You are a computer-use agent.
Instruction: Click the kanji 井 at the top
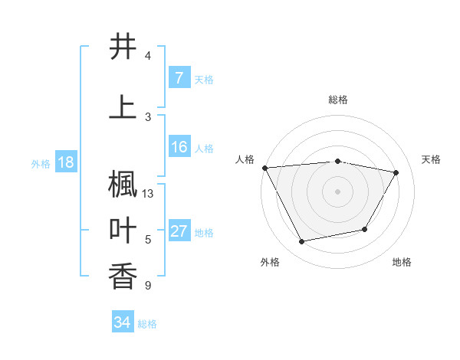coord(123,47)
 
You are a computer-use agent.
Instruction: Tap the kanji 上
coord(123,106)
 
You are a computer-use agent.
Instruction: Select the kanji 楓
coord(123,185)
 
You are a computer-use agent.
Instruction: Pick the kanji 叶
coord(123,231)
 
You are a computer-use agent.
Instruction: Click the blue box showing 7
coord(179,78)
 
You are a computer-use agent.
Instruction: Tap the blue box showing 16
coord(179,147)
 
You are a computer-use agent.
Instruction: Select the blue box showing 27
coord(179,232)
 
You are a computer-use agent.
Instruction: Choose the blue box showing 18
coord(65,162)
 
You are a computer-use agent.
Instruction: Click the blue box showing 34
coord(122,322)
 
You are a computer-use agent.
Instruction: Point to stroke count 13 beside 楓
coord(149,194)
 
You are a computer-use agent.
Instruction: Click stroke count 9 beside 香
coord(147,286)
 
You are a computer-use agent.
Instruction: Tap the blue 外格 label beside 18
coord(41,163)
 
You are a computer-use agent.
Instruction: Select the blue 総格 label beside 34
coord(147,324)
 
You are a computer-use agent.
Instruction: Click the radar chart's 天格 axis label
coord(431,159)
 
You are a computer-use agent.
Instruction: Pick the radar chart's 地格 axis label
coord(402,262)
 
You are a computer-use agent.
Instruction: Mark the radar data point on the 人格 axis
coord(264,168)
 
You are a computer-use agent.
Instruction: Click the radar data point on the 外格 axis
coord(301,242)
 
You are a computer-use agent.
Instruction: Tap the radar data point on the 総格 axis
coord(337,161)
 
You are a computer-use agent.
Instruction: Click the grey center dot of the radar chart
coord(337,191)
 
